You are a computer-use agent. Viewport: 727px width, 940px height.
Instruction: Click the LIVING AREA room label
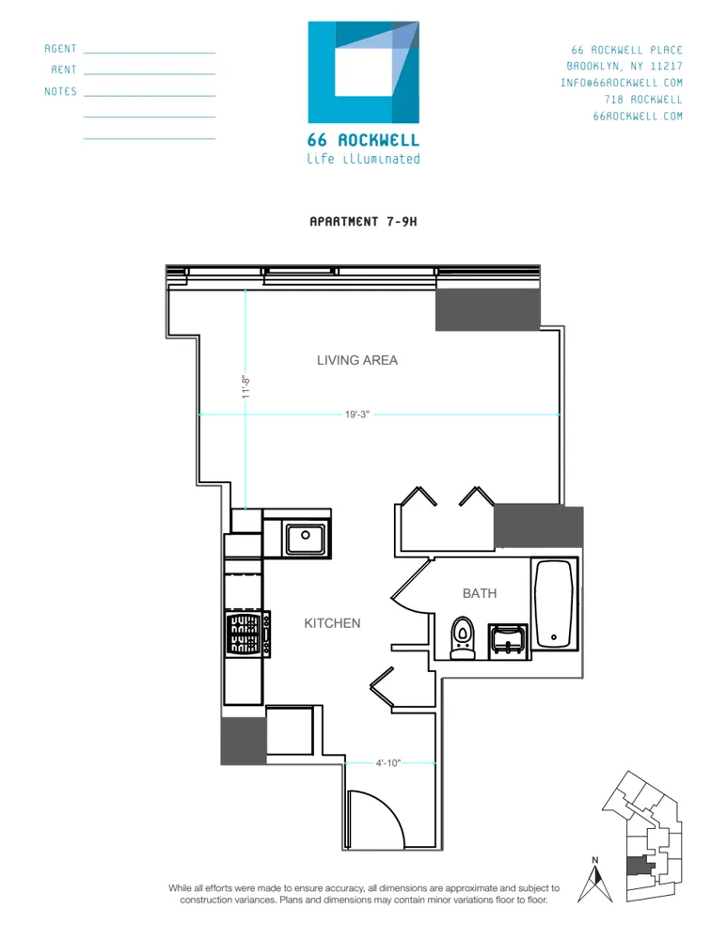pyautogui.click(x=357, y=360)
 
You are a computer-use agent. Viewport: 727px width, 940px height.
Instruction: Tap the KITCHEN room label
pyautogui.click(x=332, y=623)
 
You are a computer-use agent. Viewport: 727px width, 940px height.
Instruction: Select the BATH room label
pyautogui.click(x=480, y=593)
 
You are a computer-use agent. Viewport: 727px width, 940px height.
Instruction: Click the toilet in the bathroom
pyautogui.click(x=463, y=638)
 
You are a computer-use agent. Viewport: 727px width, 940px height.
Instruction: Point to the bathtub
pyautogui.click(x=555, y=603)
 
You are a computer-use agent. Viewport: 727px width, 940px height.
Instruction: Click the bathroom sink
pyautogui.click(x=508, y=640)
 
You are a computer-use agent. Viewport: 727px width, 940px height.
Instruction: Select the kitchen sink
pyautogui.click(x=305, y=540)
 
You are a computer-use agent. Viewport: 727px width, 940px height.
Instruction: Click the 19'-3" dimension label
pyautogui.click(x=356, y=415)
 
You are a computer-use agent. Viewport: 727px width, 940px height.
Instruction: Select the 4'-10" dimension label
pyautogui.click(x=388, y=763)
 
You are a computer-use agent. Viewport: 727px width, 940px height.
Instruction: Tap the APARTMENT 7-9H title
pyautogui.click(x=363, y=222)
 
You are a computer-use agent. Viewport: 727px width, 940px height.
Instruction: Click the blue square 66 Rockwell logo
pyautogui.click(x=363, y=71)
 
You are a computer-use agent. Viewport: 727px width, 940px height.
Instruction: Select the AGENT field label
pyautogui.click(x=61, y=49)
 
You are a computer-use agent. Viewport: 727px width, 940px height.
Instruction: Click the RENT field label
pyautogui.click(x=64, y=70)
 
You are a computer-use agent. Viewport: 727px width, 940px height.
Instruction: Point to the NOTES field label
pyautogui.click(x=61, y=92)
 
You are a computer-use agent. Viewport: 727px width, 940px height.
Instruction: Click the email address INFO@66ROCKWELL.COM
pyautogui.click(x=622, y=83)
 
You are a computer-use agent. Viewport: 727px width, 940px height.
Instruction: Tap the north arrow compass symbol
pyautogui.click(x=594, y=882)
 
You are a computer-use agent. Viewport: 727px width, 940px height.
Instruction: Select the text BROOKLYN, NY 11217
pyautogui.click(x=624, y=67)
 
